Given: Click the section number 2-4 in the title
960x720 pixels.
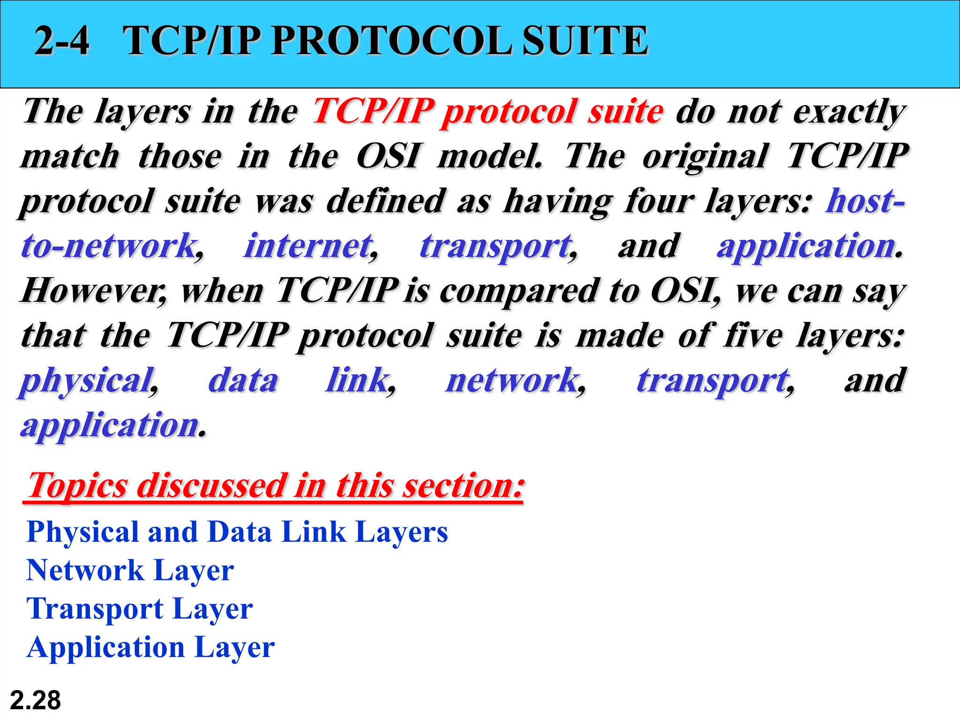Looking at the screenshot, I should coord(62,41).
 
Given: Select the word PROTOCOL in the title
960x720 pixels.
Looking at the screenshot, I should coord(391,41).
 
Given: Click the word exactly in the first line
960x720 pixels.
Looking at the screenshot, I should coord(849,112).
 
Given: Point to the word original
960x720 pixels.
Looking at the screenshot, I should coord(705,157).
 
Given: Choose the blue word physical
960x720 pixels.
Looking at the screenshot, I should coord(87,381).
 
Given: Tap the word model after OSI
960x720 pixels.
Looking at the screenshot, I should coord(489,157).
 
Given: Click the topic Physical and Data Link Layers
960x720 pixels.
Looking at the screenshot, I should coord(237,532).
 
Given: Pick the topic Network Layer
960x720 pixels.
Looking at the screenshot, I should coord(130,571).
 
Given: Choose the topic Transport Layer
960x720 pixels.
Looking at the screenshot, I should coord(140,609).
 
